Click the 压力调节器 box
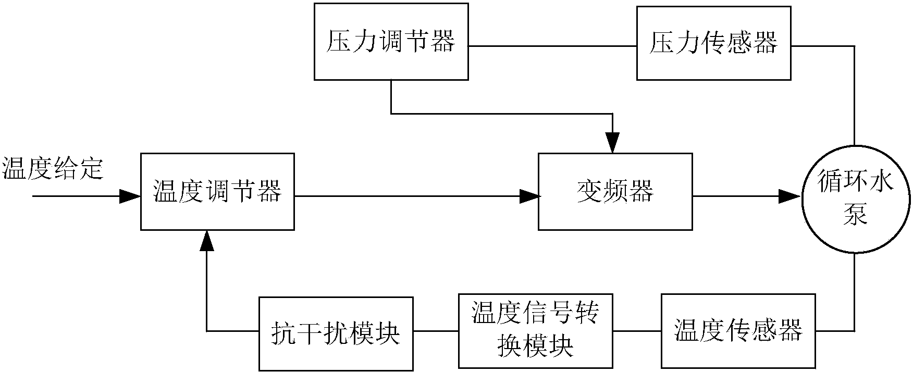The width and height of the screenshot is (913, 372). (x=391, y=42)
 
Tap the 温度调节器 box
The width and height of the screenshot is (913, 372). (x=217, y=191)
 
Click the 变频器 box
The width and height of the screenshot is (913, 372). (x=615, y=191)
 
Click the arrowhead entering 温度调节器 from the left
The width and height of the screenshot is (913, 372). (x=130, y=196)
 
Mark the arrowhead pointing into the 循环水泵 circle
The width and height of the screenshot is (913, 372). (x=789, y=196)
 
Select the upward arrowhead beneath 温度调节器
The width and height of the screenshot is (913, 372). (x=207, y=240)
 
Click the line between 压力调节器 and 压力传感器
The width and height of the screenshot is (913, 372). (x=552, y=46)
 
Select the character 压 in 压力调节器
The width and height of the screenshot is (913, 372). (x=337, y=42)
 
